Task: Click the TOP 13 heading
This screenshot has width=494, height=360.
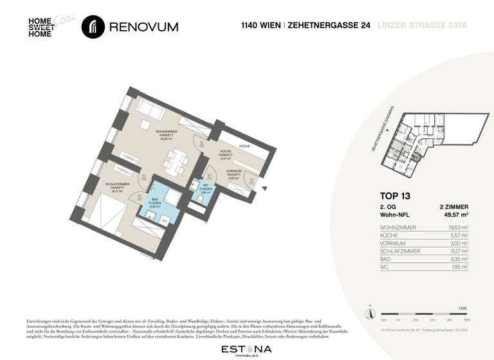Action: click(x=395, y=195)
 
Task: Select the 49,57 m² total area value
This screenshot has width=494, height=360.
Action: click(x=453, y=215)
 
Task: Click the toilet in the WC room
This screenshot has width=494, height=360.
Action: click(x=199, y=199)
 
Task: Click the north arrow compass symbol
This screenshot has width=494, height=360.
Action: click(x=370, y=313)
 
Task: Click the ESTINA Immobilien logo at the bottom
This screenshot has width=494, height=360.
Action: click(x=246, y=349)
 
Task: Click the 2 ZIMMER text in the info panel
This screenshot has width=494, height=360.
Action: click(x=453, y=206)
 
